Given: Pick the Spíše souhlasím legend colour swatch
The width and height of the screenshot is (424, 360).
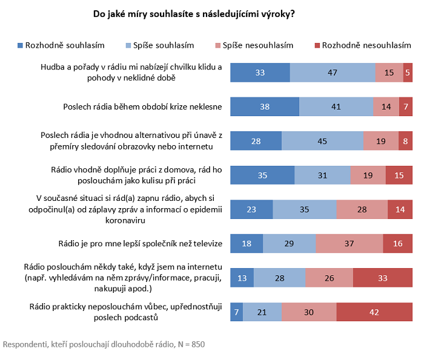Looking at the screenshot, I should click(x=128, y=45).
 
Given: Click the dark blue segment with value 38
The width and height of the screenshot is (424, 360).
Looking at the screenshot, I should click(x=265, y=106).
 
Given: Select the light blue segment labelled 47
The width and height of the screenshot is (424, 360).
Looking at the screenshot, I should click(x=332, y=73).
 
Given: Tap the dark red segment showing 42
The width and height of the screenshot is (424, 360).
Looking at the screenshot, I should click(x=374, y=312).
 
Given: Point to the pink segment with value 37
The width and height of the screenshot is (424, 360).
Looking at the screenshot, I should click(x=349, y=243).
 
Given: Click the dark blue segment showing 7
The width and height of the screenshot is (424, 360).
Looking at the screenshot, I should click(x=237, y=312).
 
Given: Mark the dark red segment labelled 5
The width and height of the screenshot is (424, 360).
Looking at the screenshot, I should click(x=408, y=73).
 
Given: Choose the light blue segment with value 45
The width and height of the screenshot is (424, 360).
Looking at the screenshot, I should click(x=322, y=141).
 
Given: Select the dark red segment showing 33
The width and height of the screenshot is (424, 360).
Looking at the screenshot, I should click(x=382, y=277).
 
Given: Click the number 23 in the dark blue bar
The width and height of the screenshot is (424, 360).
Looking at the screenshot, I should click(x=251, y=209).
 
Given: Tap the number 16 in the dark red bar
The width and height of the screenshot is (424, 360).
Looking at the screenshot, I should click(x=397, y=243).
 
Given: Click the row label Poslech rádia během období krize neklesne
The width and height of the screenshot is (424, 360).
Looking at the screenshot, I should click(x=143, y=107).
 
